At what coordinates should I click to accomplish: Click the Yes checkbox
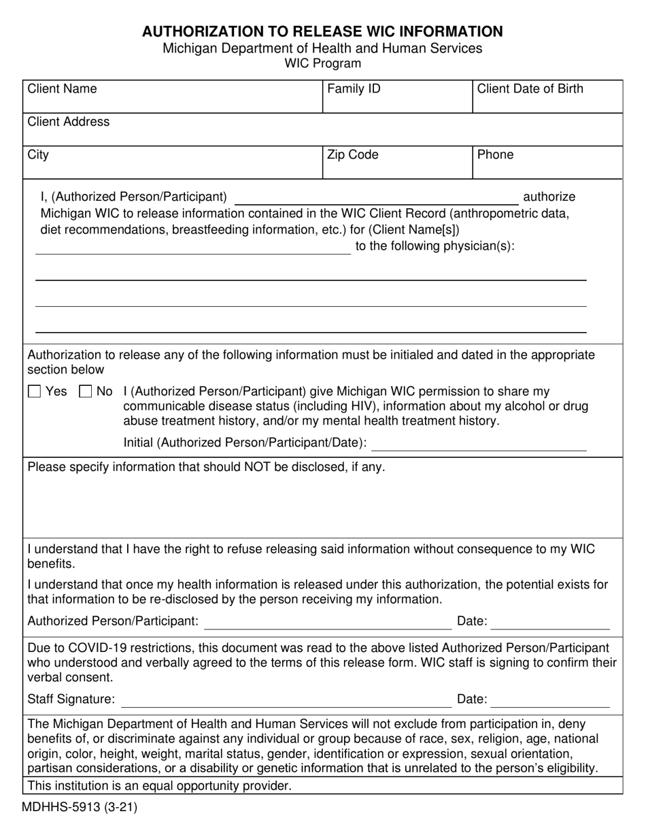click(x=35, y=391)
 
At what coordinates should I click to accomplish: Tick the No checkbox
click(x=86, y=391)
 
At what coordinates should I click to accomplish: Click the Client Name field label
click(x=62, y=89)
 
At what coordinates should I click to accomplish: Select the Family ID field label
click(x=354, y=89)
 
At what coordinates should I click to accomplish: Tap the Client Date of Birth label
click(x=530, y=89)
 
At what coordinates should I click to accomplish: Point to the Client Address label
click(x=68, y=122)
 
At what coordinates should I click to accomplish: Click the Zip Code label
click(x=352, y=155)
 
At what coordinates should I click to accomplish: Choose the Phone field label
click(x=495, y=155)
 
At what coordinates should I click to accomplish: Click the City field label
click(x=38, y=155)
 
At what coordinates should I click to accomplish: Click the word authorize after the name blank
click(x=548, y=197)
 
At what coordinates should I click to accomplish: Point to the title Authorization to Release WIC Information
click(x=322, y=31)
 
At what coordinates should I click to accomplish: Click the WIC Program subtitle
click(x=322, y=64)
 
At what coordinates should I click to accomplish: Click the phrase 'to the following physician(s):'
click(x=435, y=246)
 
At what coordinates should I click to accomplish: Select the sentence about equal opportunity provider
click(x=159, y=787)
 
